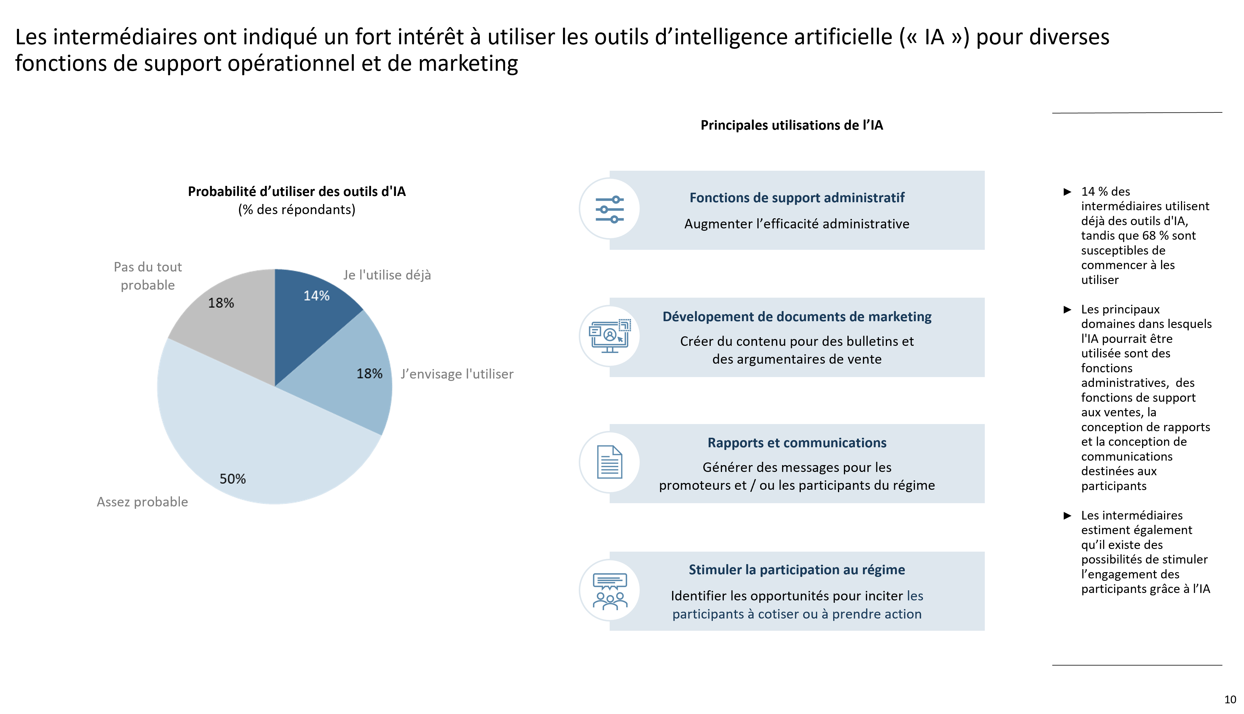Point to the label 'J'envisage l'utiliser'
[x=457, y=374]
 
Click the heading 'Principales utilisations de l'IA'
[x=792, y=125]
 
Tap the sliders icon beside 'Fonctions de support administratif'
[x=609, y=209]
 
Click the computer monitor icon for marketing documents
[x=610, y=336]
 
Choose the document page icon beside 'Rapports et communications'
[x=609, y=462]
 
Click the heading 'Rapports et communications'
[x=797, y=443]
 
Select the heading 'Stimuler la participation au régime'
[x=797, y=570]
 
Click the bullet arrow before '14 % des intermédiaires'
[x=1067, y=192]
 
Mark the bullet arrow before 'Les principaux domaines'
[x=1067, y=310]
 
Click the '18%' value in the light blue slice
[x=369, y=374]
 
